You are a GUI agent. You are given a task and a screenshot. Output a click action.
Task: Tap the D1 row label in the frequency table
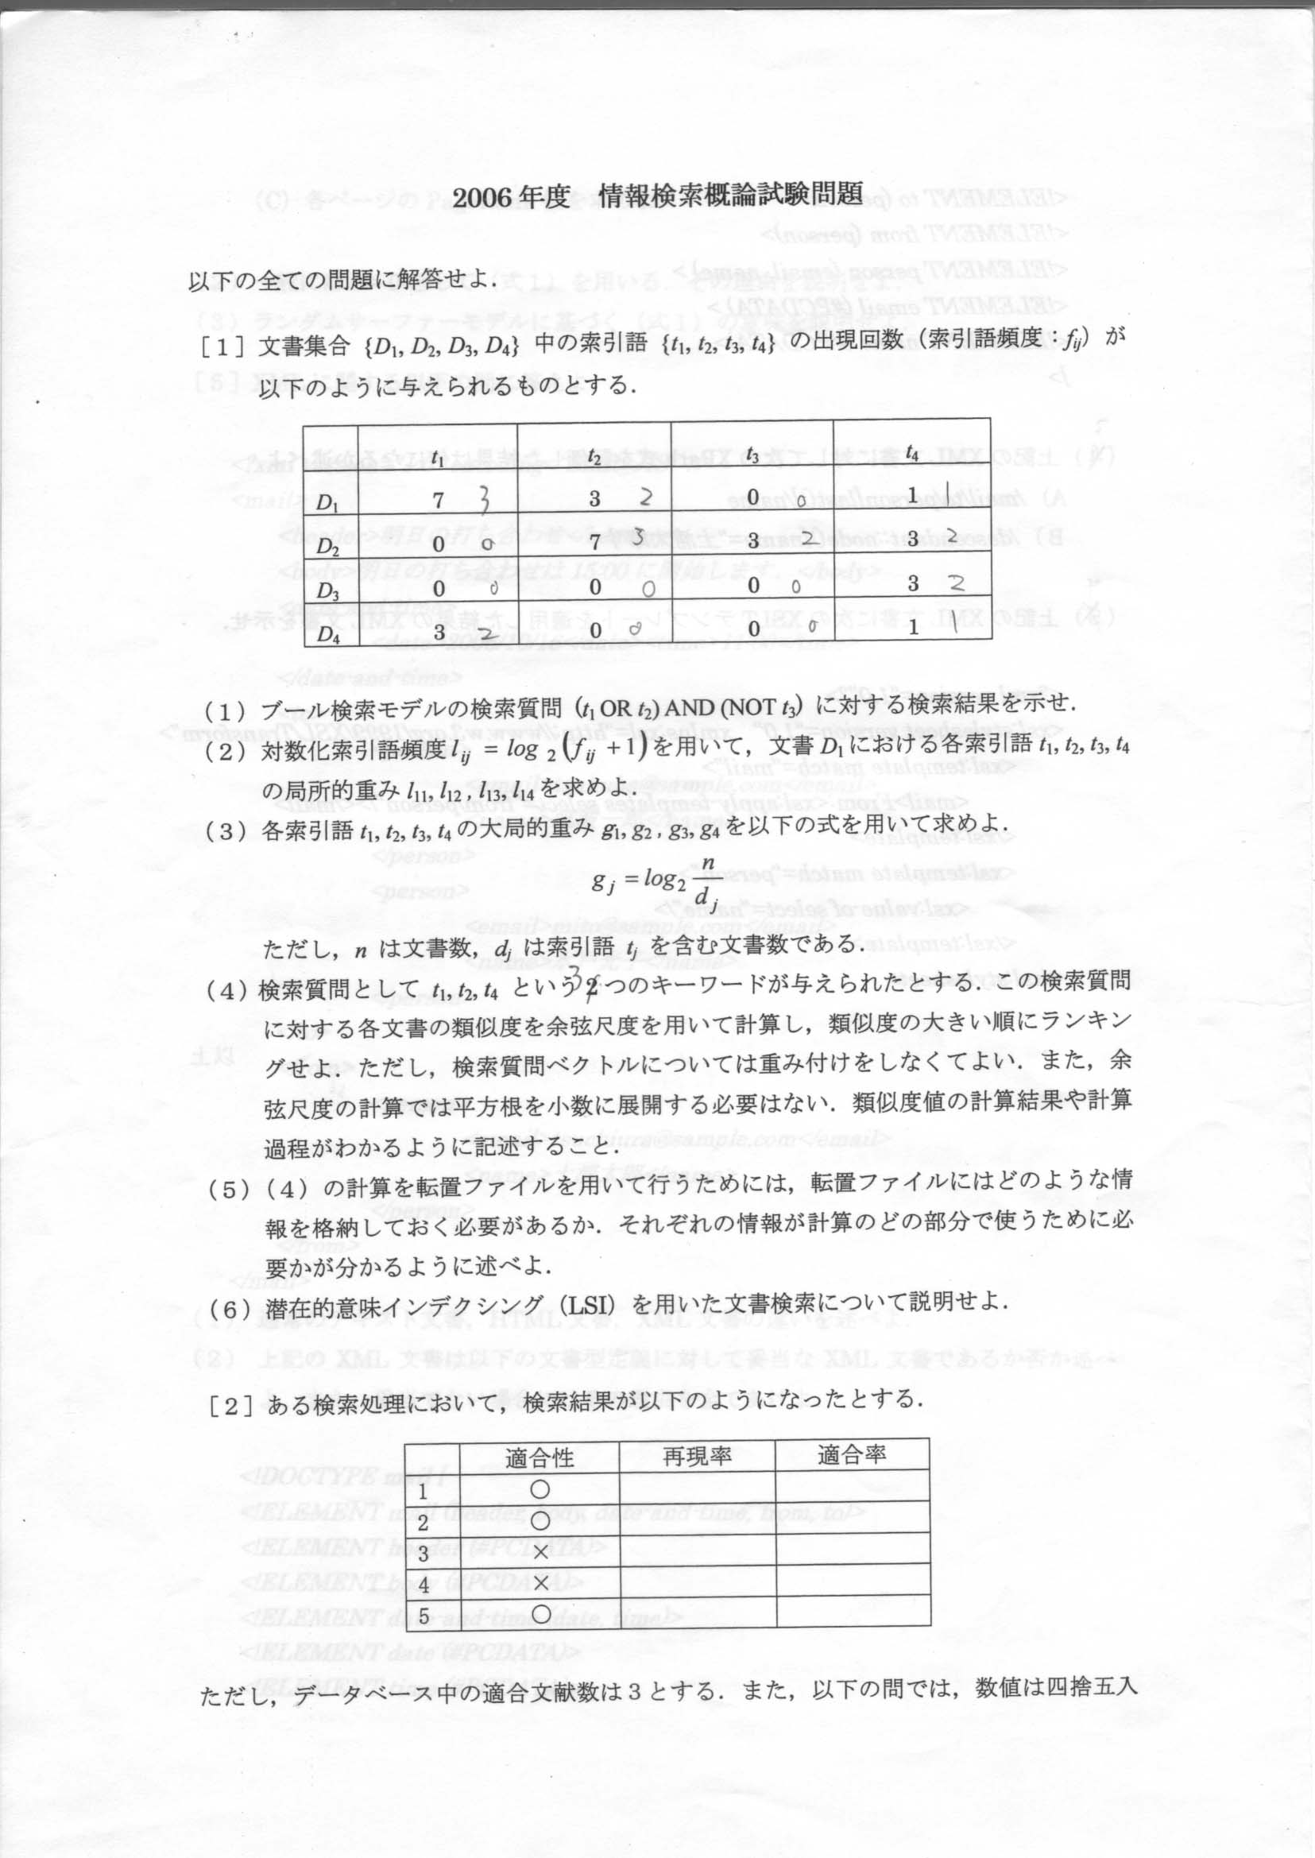(x=328, y=503)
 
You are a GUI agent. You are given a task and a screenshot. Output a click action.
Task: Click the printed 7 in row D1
(x=438, y=501)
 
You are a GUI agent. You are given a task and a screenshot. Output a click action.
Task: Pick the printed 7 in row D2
(x=594, y=540)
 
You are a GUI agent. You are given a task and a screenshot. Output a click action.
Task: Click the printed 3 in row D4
(x=438, y=633)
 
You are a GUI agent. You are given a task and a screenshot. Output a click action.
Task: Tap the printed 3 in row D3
(x=913, y=583)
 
